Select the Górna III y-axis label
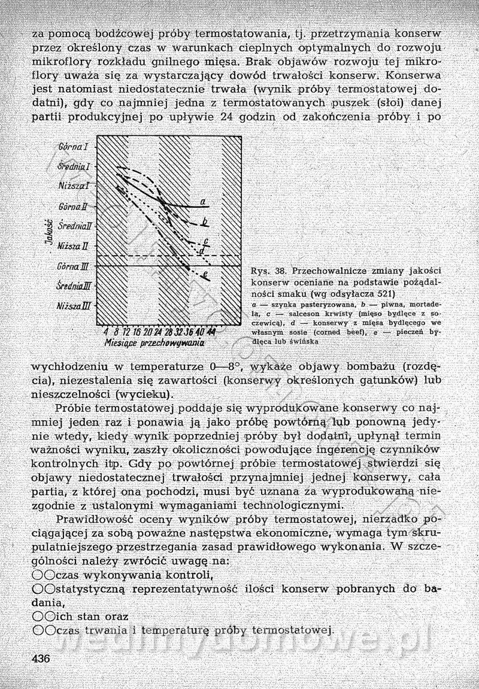point(74,266)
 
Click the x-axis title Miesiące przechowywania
point(154,344)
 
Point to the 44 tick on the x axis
point(211,332)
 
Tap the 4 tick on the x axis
point(105,332)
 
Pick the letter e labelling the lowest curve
point(205,275)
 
